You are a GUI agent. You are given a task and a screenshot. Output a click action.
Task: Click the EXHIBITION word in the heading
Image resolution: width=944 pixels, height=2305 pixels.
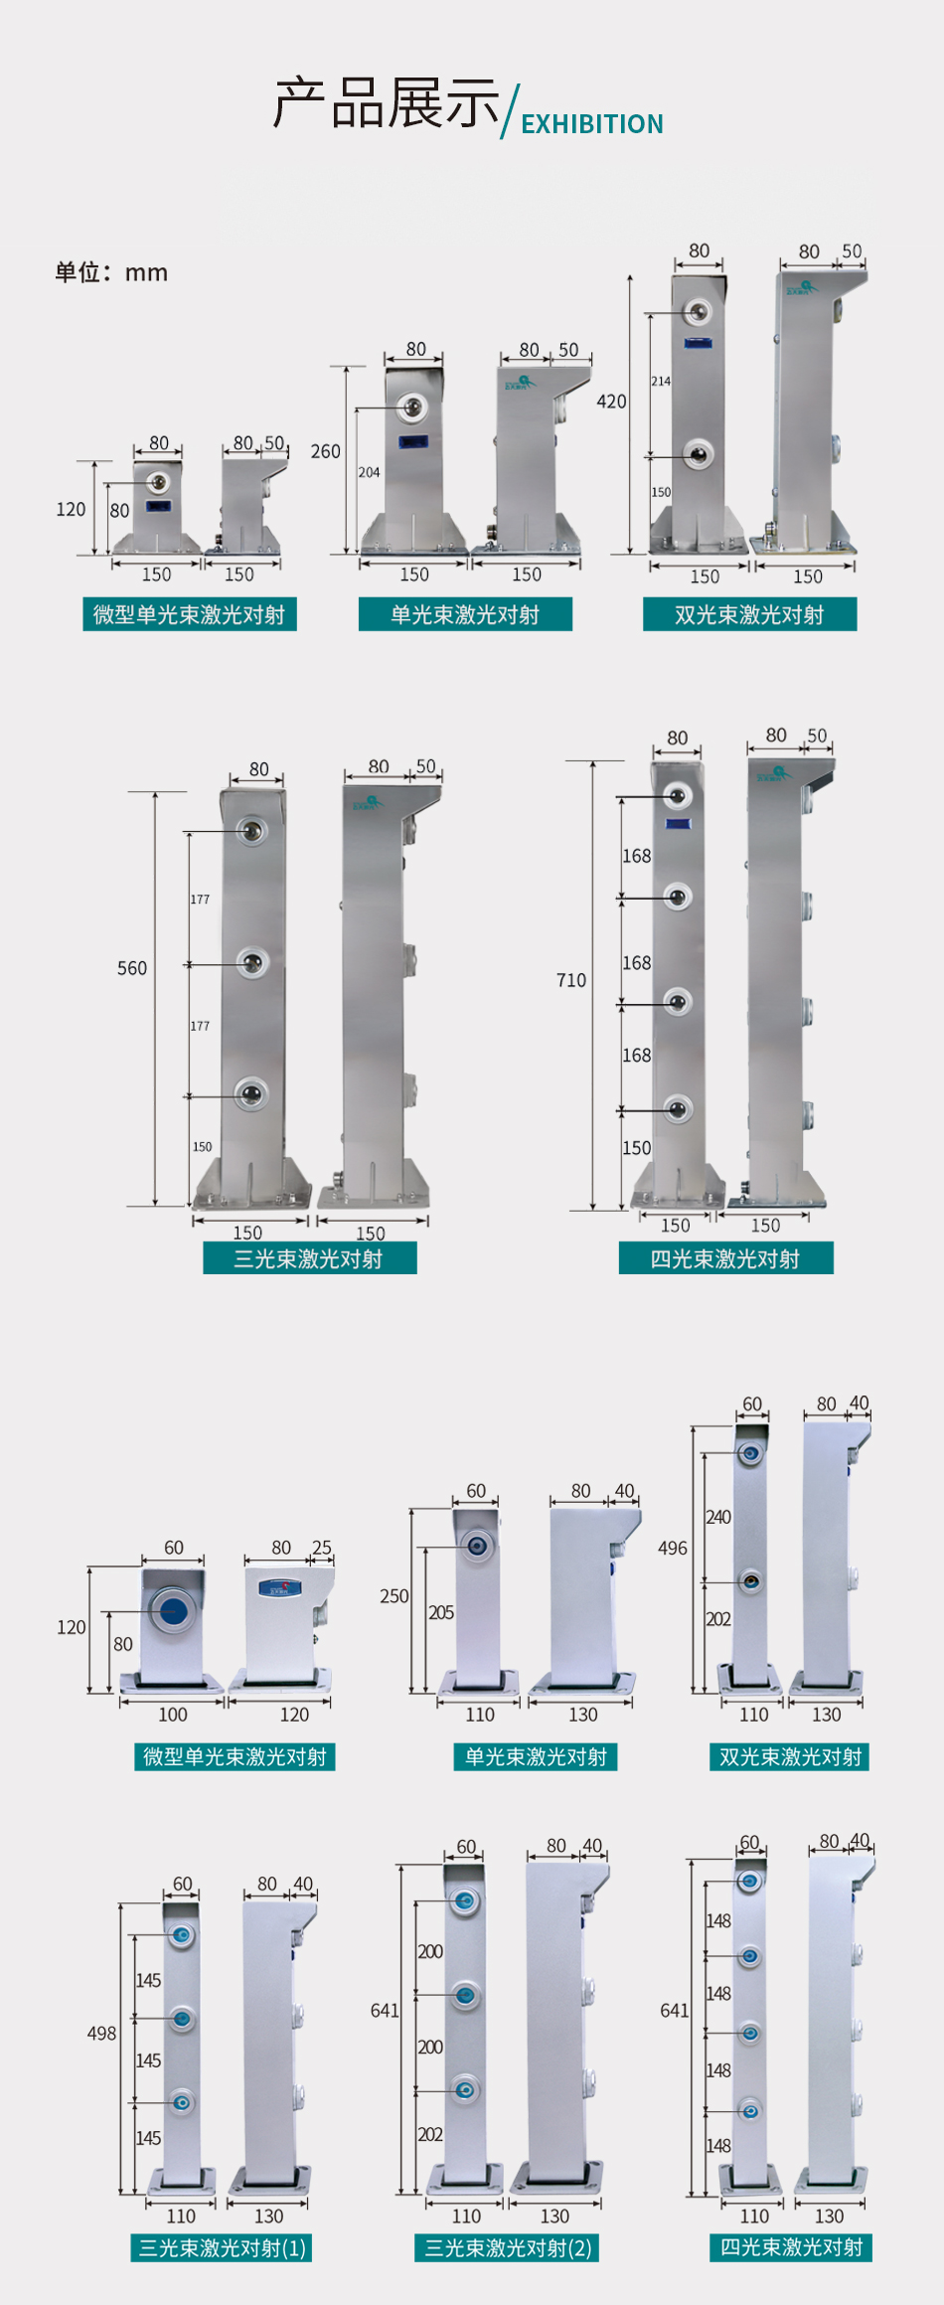click(591, 124)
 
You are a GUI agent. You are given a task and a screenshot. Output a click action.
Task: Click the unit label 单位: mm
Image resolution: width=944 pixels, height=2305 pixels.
click(111, 272)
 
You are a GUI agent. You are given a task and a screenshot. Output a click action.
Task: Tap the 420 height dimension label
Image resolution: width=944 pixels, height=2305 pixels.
click(611, 402)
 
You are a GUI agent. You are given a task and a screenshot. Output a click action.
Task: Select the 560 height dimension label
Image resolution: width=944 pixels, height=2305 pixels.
click(132, 968)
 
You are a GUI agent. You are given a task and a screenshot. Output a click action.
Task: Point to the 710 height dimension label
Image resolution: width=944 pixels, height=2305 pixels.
click(571, 980)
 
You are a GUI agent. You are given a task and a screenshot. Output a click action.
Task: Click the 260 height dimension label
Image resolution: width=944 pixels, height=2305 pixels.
click(326, 451)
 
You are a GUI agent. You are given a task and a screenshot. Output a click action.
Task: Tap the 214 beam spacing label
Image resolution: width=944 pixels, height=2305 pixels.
click(661, 381)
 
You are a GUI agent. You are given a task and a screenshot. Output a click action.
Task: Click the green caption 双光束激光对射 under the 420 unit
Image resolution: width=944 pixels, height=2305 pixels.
click(749, 614)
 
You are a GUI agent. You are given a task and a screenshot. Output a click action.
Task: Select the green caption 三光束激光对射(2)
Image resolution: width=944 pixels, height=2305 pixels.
click(508, 2247)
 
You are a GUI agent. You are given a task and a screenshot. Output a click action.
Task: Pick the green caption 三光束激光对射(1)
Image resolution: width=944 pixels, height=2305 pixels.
click(222, 2247)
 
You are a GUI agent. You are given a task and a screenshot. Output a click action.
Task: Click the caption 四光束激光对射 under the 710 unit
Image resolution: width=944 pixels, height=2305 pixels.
click(725, 1258)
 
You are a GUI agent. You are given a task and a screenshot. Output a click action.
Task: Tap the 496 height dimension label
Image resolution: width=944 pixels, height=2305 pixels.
click(673, 1548)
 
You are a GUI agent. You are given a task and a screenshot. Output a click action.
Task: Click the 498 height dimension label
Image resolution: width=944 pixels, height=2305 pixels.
click(102, 2033)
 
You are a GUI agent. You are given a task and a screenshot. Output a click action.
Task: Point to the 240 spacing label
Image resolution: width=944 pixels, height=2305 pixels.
click(718, 1517)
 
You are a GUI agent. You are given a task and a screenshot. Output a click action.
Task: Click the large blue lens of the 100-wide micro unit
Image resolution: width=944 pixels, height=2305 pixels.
click(173, 1609)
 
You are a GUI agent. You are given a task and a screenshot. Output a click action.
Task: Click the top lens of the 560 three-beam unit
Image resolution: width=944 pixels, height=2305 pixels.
click(252, 830)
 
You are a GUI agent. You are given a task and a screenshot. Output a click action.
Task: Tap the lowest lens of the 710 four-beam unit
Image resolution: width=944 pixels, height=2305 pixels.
click(678, 1107)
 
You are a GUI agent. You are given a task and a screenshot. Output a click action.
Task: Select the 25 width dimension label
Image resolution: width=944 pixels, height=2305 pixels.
click(322, 1547)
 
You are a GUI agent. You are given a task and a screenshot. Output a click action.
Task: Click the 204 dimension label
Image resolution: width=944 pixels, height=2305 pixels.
click(369, 472)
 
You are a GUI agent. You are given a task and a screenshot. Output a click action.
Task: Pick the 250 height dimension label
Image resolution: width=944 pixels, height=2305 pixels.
click(394, 1595)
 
